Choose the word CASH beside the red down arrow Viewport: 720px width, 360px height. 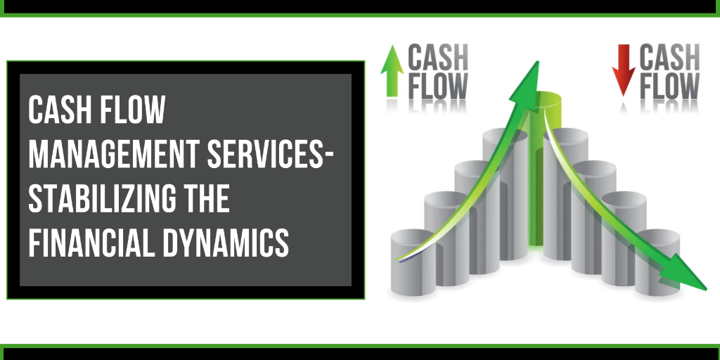(669, 56)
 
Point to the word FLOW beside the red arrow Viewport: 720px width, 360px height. (669, 86)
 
